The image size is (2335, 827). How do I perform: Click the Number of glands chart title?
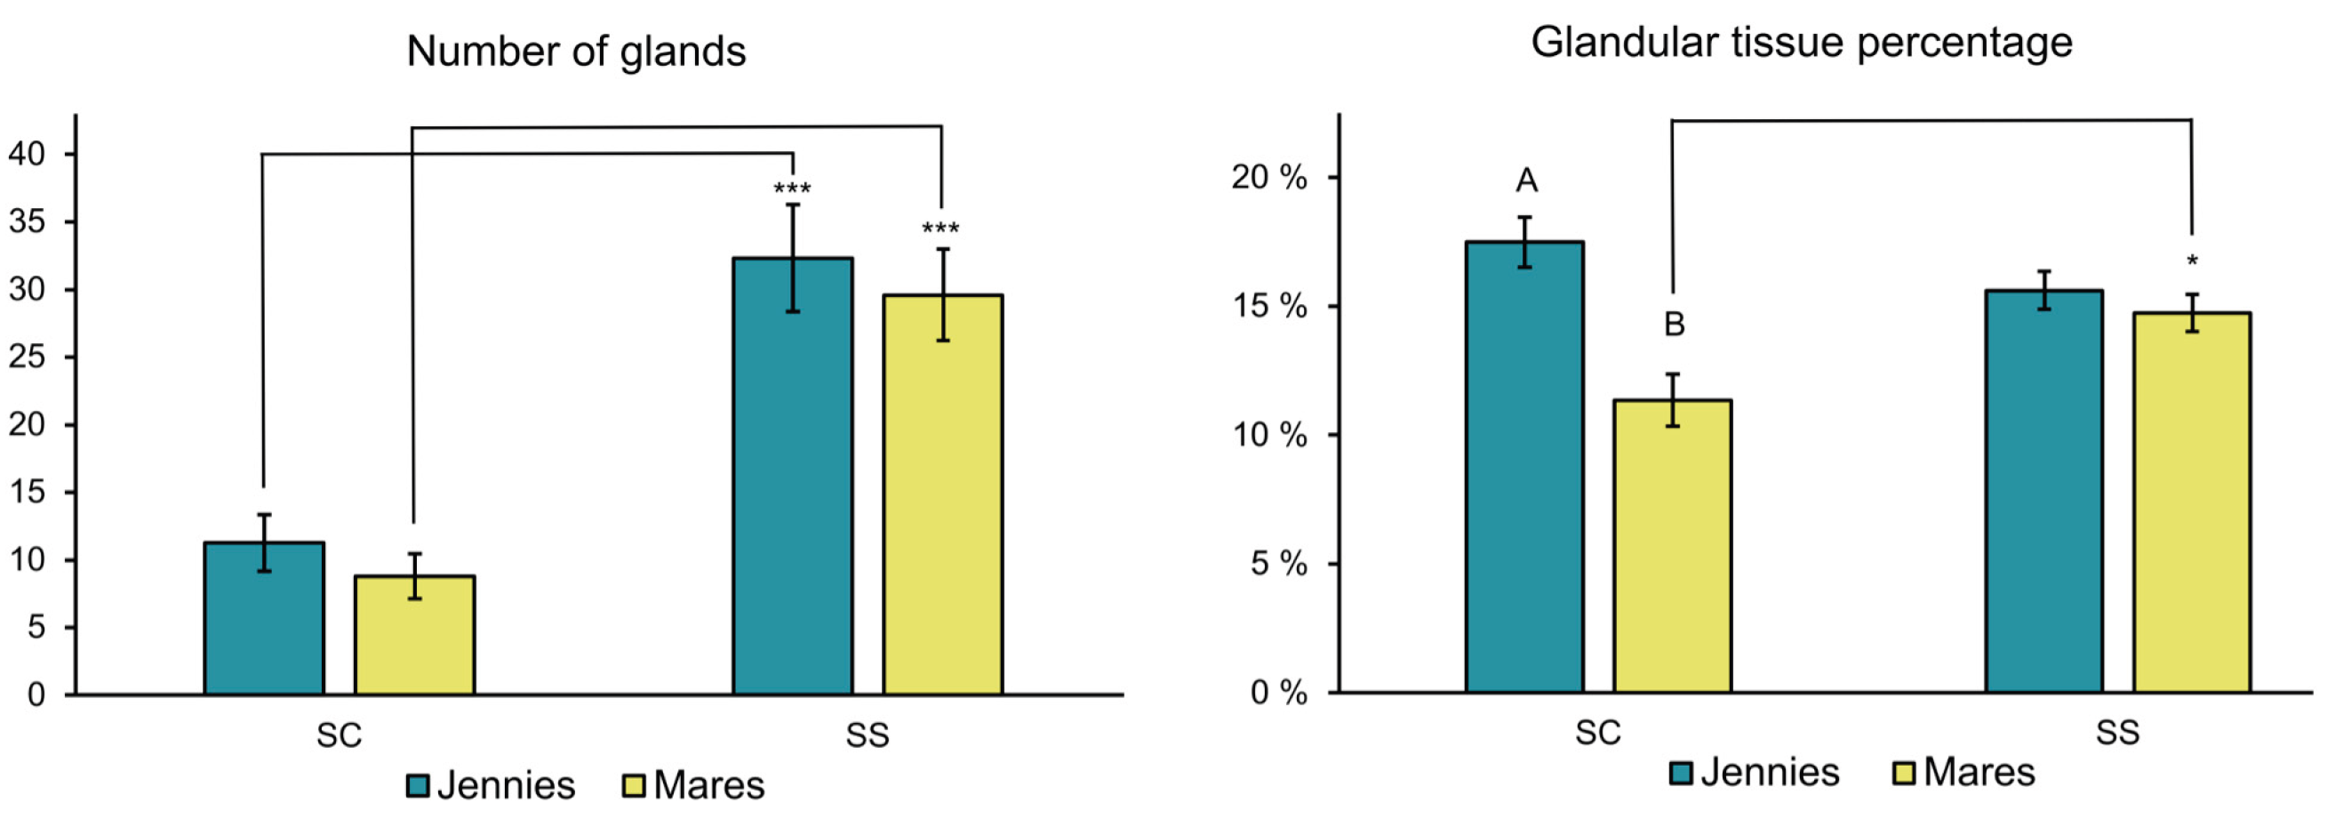(576, 52)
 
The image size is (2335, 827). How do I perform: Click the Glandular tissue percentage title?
(1801, 43)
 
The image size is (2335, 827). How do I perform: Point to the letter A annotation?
(1526, 181)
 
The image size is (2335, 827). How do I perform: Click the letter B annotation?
(1675, 325)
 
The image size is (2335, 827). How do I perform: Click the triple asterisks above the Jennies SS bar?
(791, 189)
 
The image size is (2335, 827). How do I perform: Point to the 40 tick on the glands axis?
(28, 154)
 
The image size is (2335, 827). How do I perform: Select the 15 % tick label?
(1269, 307)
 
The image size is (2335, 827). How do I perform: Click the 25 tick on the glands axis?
(28, 357)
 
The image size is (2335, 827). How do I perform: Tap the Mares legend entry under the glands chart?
(693, 785)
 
